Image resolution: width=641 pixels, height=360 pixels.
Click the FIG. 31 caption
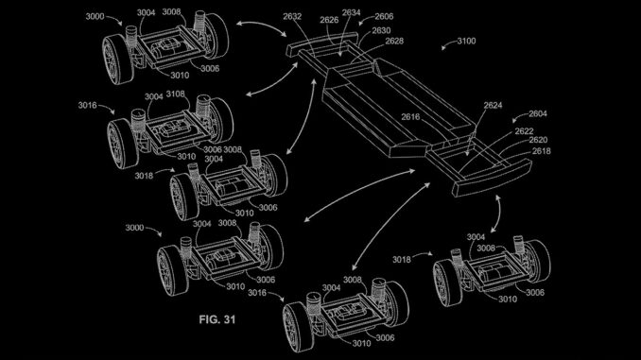click(x=217, y=319)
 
